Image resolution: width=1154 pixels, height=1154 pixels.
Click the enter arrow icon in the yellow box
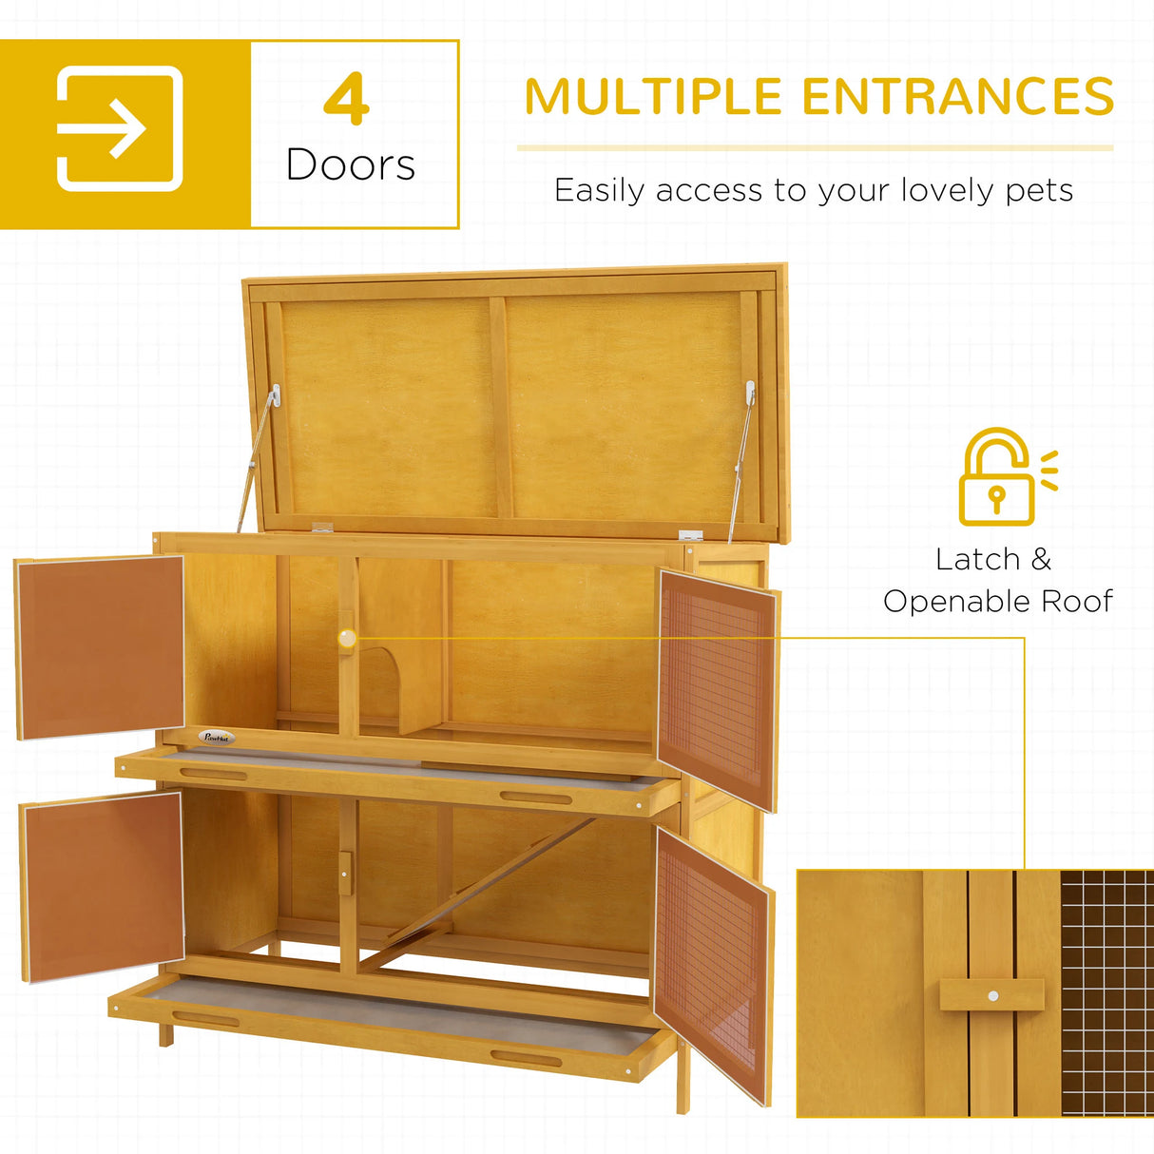pos(120,128)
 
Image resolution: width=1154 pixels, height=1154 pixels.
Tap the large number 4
pos(346,99)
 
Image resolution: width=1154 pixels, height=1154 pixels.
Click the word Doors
pos(351,165)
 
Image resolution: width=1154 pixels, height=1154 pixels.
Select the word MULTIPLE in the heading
pos(653,97)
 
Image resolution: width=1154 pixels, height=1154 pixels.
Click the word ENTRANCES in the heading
pos(957,97)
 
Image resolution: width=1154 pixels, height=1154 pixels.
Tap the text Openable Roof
pos(997,601)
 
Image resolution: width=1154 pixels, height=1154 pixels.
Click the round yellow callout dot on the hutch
pos(348,638)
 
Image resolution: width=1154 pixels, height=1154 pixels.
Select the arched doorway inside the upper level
pos(380,683)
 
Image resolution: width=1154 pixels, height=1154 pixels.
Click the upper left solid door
pos(101,646)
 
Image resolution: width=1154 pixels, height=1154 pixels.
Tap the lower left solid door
pos(103,885)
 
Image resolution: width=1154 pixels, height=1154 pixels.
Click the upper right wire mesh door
pos(717,688)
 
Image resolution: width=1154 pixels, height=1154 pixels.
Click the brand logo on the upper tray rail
pos(217,736)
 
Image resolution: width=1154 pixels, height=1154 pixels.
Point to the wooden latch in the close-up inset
pos(991,995)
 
